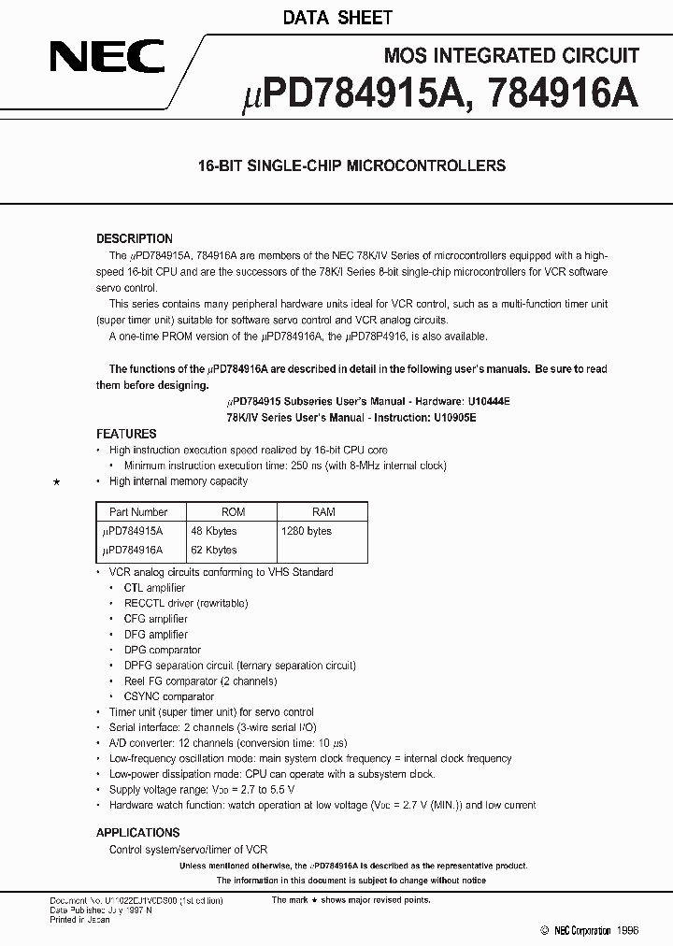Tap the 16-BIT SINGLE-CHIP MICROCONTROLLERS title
click(351, 165)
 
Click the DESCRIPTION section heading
click(135, 238)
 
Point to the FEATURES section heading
click(126, 434)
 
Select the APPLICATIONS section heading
click(137, 832)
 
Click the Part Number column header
click(138, 512)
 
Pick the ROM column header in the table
click(233, 512)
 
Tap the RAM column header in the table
click(323, 512)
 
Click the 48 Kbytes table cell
click(214, 531)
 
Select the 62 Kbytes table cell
click(214, 550)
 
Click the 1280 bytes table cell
click(307, 531)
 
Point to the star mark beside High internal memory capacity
click(57, 482)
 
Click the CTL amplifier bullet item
click(154, 588)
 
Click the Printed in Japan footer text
click(79, 920)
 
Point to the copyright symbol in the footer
click(545, 931)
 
